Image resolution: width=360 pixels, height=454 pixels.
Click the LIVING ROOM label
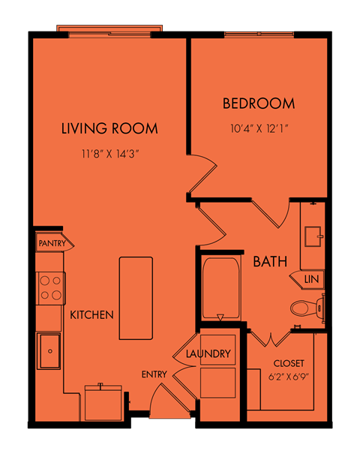(109, 128)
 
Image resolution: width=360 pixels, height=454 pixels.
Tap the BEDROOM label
(259, 104)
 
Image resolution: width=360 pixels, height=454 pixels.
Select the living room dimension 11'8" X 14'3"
(110, 154)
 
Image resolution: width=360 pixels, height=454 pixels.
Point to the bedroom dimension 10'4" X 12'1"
(259, 128)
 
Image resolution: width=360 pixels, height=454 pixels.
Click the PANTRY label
(52, 243)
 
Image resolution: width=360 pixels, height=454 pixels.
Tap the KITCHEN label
(91, 315)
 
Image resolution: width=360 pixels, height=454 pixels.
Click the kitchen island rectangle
(136, 298)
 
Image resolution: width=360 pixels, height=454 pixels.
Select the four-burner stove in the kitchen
(51, 288)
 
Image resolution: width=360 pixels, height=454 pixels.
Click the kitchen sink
(49, 351)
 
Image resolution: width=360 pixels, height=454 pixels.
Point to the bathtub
(221, 288)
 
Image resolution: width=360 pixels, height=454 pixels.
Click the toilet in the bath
(308, 308)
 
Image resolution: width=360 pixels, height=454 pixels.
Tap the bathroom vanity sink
(313, 236)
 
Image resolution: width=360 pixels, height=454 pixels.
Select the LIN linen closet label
(311, 279)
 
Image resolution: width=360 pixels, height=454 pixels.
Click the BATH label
(270, 261)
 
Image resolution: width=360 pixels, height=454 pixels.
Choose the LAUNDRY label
(208, 353)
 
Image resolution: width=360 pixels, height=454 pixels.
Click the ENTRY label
(154, 374)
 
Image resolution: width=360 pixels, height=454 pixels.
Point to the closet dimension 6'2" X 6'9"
(289, 377)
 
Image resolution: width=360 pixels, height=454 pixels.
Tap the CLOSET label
(289, 363)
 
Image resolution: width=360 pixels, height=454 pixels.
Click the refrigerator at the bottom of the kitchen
(103, 402)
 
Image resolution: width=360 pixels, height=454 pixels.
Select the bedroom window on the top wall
(259, 35)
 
